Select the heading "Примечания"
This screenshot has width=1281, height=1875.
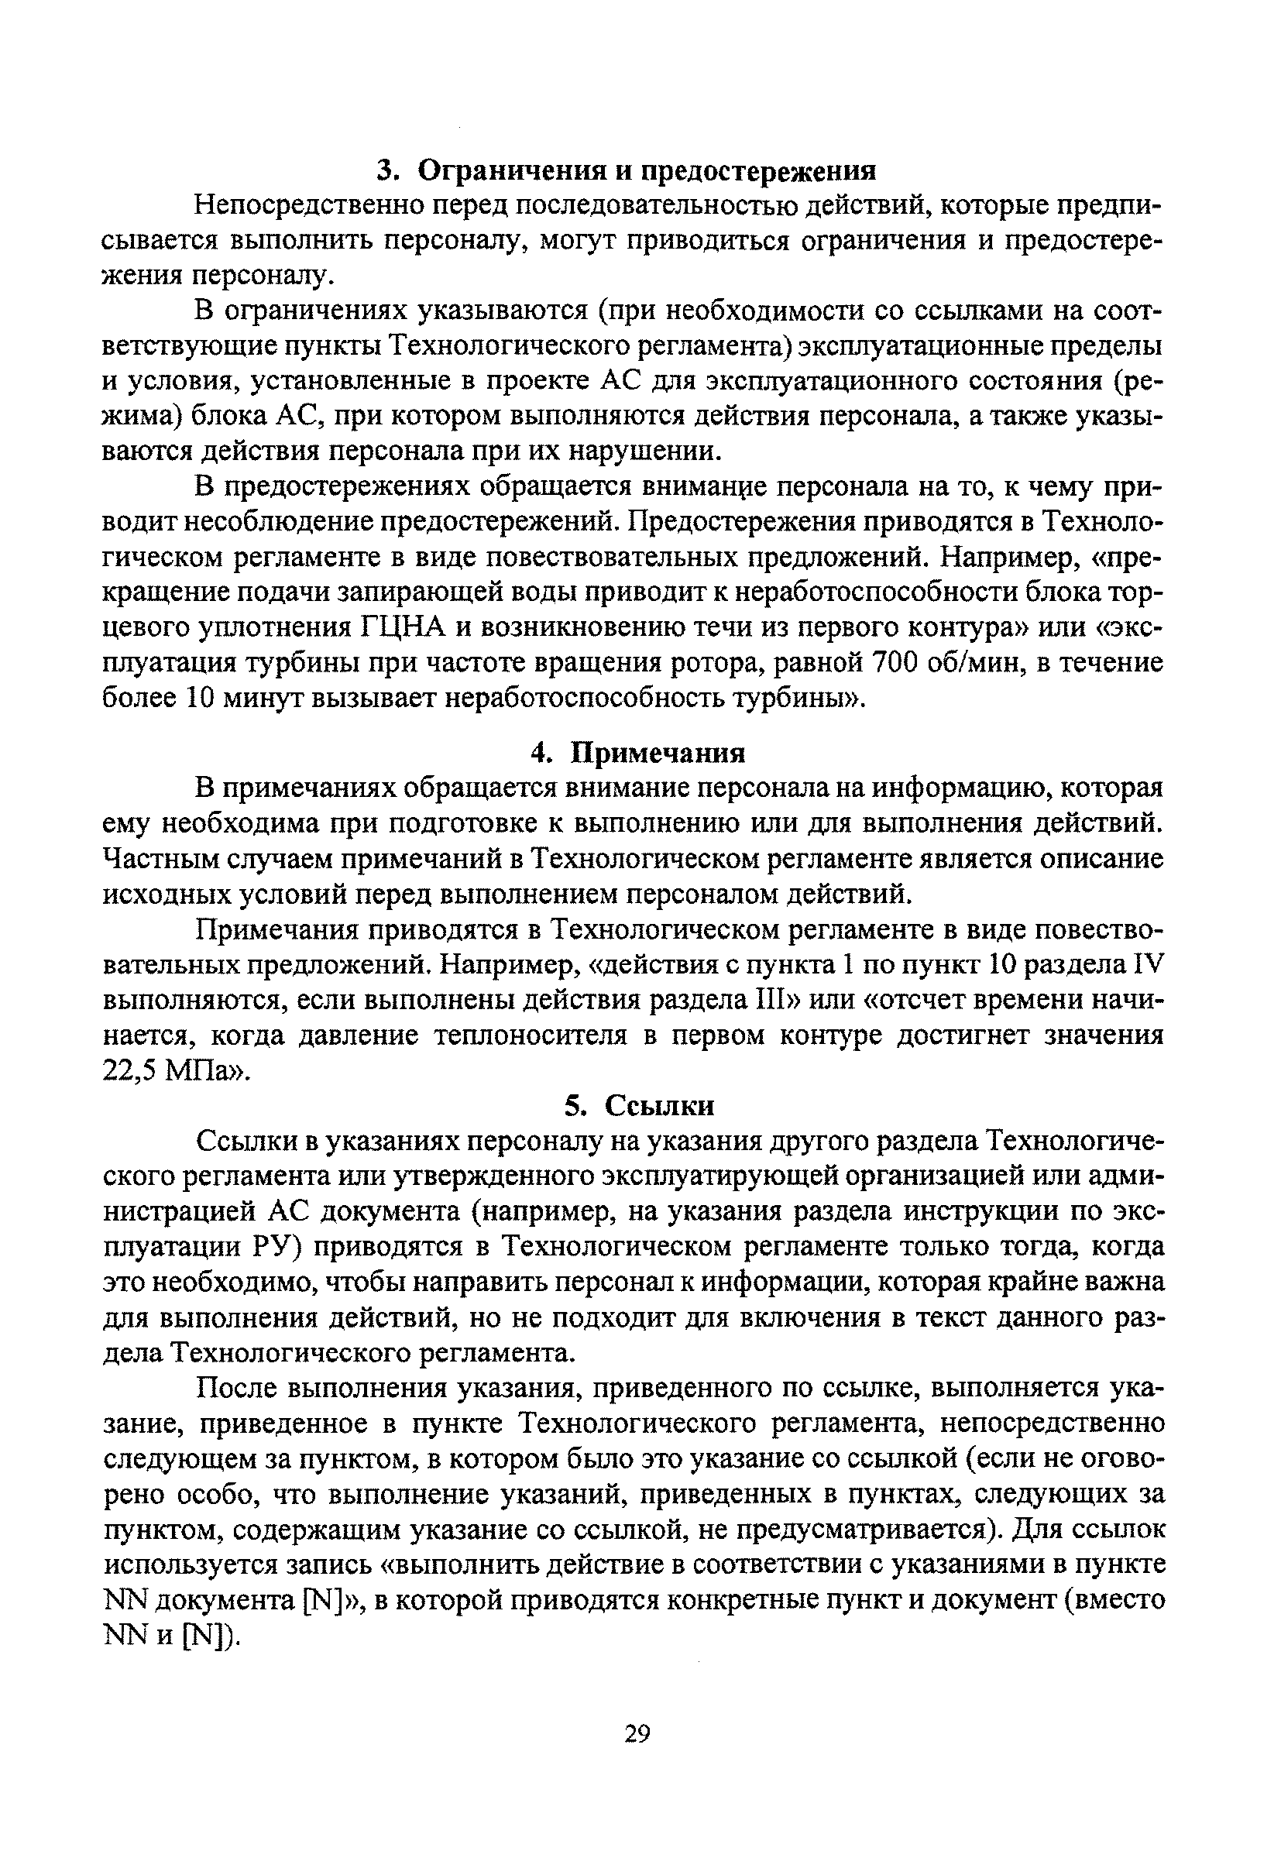(x=658, y=753)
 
